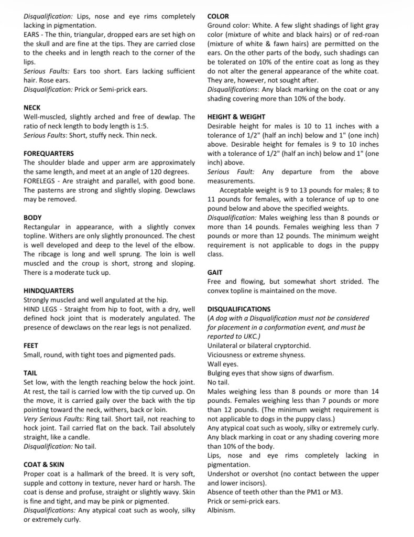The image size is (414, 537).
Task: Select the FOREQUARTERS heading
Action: click(x=49, y=153)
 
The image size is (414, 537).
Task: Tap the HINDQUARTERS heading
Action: click(x=49, y=291)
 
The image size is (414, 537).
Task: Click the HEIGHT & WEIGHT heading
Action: click(x=236, y=117)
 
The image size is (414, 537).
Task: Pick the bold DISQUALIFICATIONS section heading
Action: click(x=239, y=309)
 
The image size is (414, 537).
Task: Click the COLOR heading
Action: click(x=218, y=16)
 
